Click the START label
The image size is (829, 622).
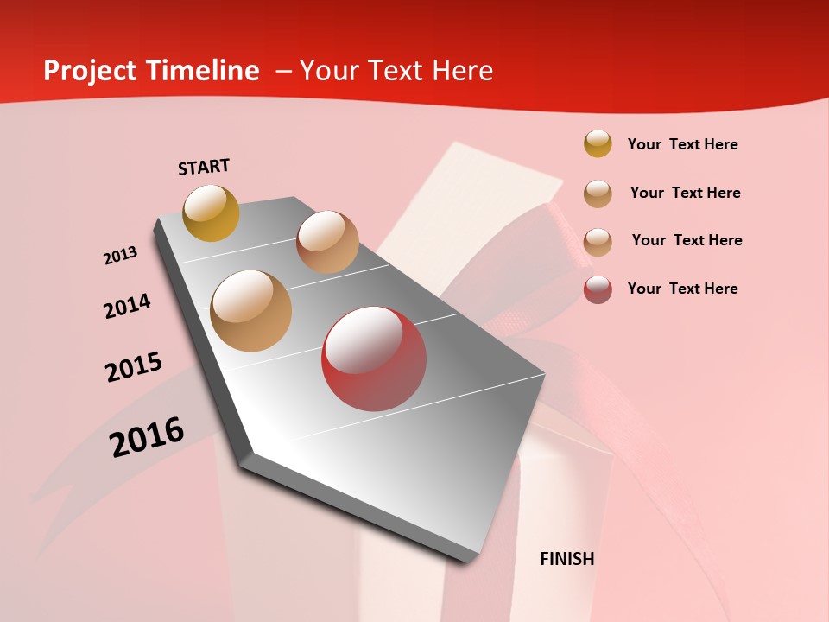point(204,167)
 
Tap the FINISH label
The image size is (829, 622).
point(566,559)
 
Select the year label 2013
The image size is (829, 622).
point(120,256)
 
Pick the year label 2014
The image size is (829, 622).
point(127,306)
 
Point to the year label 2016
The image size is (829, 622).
point(147,437)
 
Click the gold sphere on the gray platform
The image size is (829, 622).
point(211,213)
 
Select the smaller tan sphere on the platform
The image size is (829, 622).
point(327,242)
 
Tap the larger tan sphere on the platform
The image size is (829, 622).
point(251,311)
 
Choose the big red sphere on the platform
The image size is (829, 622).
point(374,359)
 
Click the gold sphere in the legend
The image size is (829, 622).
point(598,143)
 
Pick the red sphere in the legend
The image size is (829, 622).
point(598,289)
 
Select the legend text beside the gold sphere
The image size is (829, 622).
point(682,144)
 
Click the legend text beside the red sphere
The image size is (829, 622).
point(682,289)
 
